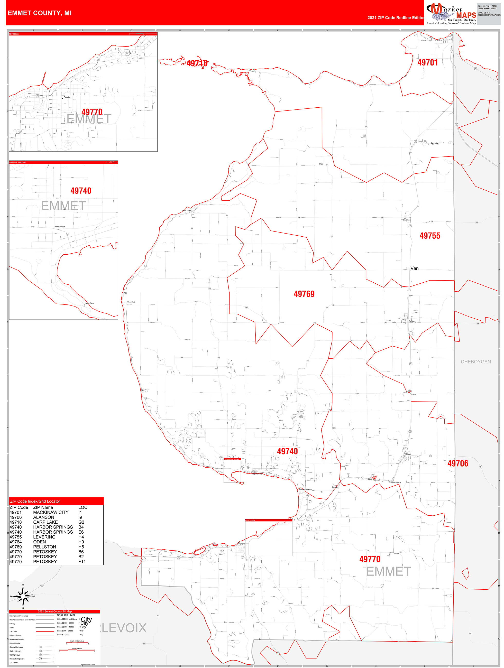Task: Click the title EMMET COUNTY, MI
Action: [40, 13]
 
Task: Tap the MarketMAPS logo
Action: [451, 14]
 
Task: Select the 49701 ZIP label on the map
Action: [427, 62]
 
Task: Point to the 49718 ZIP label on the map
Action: [197, 63]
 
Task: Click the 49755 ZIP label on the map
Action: [430, 236]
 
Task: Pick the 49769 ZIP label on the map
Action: [304, 294]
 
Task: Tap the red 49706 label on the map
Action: [457, 463]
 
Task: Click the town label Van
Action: [414, 268]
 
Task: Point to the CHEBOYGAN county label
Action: [475, 362]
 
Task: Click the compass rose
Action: [23, 596]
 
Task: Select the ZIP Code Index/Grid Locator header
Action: [35, 501]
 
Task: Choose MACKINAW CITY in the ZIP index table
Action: [51, 513]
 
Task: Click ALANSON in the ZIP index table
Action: [43, 517]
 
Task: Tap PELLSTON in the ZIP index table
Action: [44, 547]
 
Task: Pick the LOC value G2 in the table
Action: [81, 522]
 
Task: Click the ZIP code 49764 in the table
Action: [15, 542]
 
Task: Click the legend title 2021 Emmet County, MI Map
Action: [55, 611]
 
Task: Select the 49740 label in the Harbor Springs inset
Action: [81, 191]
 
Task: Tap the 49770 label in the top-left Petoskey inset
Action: [92, 112]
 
